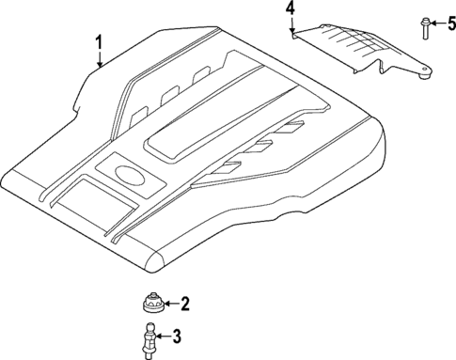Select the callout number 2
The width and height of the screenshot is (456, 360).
(184, 304)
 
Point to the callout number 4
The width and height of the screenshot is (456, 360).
(291, 9)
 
